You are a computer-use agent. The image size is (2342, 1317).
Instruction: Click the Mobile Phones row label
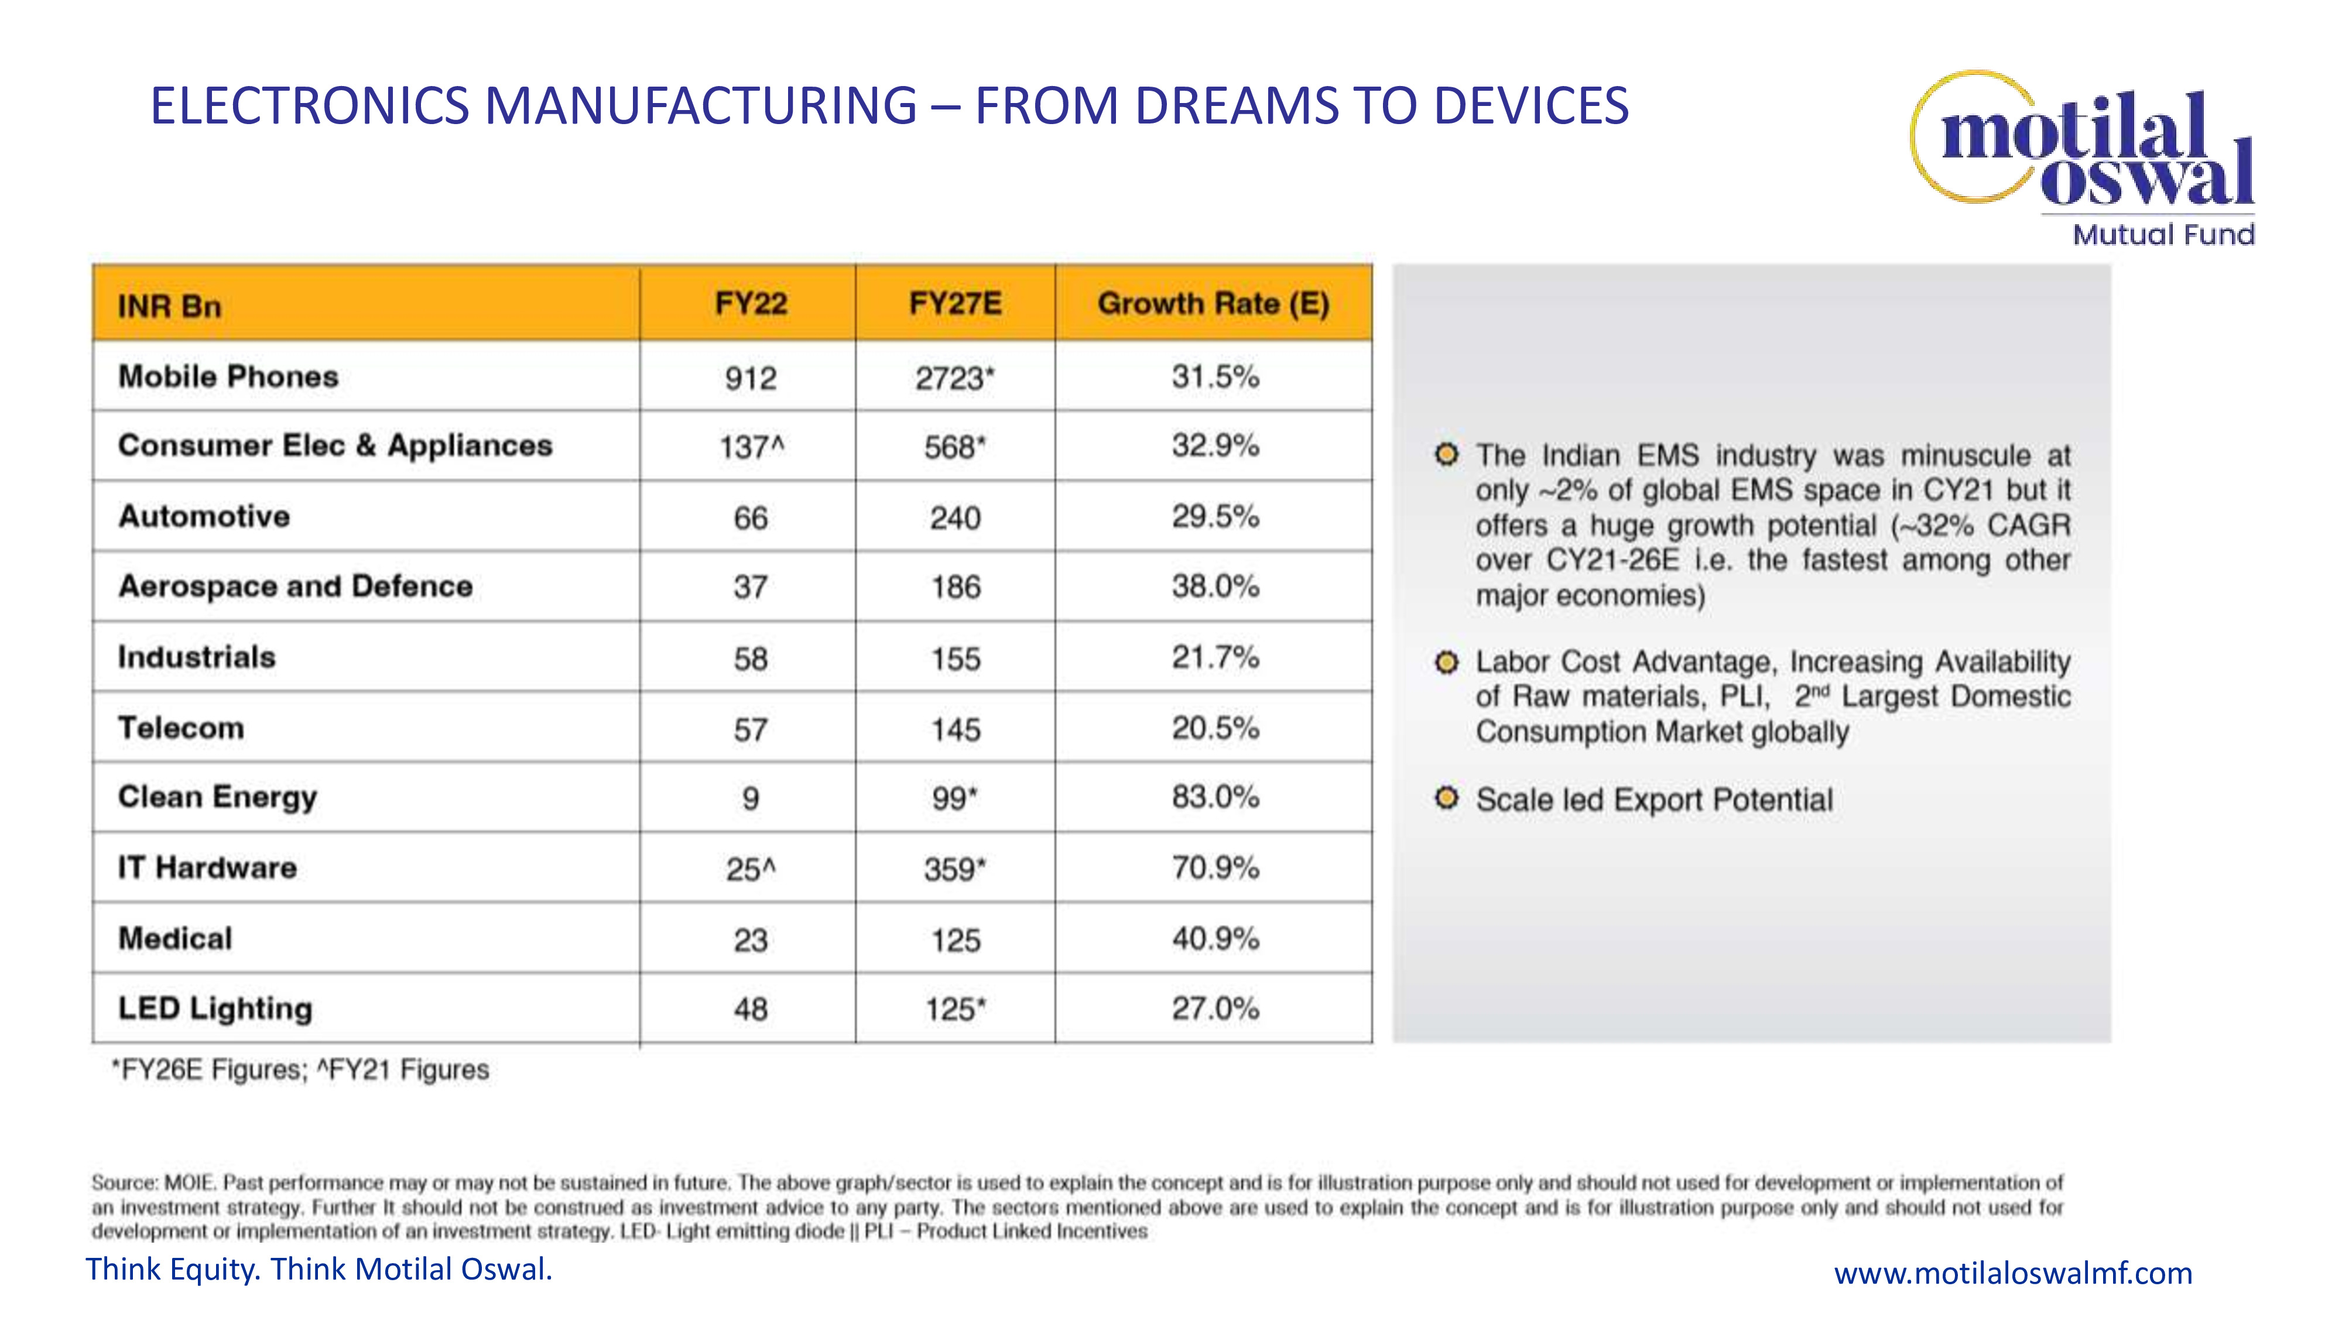tap(228, 376)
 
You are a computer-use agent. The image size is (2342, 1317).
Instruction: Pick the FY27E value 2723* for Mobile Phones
tap(954, 378)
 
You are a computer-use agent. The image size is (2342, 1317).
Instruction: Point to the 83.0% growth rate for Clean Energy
tap(1215, 797)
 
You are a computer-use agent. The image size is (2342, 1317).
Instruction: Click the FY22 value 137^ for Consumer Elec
tap(751, 447)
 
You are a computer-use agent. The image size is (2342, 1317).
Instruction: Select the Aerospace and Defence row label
tap(296, 587)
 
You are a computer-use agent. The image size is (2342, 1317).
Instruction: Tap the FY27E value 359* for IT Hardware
tap(954, 869)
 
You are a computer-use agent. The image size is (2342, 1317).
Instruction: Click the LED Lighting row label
tap(215, 1008)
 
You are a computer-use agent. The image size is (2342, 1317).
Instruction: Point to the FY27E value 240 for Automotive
tap(954, 518)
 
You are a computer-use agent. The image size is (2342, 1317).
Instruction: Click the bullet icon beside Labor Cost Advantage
tap(1446, 661)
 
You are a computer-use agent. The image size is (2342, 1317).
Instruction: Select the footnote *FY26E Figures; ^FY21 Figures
tap(300, 1070)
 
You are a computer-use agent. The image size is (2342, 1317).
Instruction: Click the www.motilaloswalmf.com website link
tap(2013, 1273)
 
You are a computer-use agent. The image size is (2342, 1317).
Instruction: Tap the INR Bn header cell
tap(170, 306)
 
